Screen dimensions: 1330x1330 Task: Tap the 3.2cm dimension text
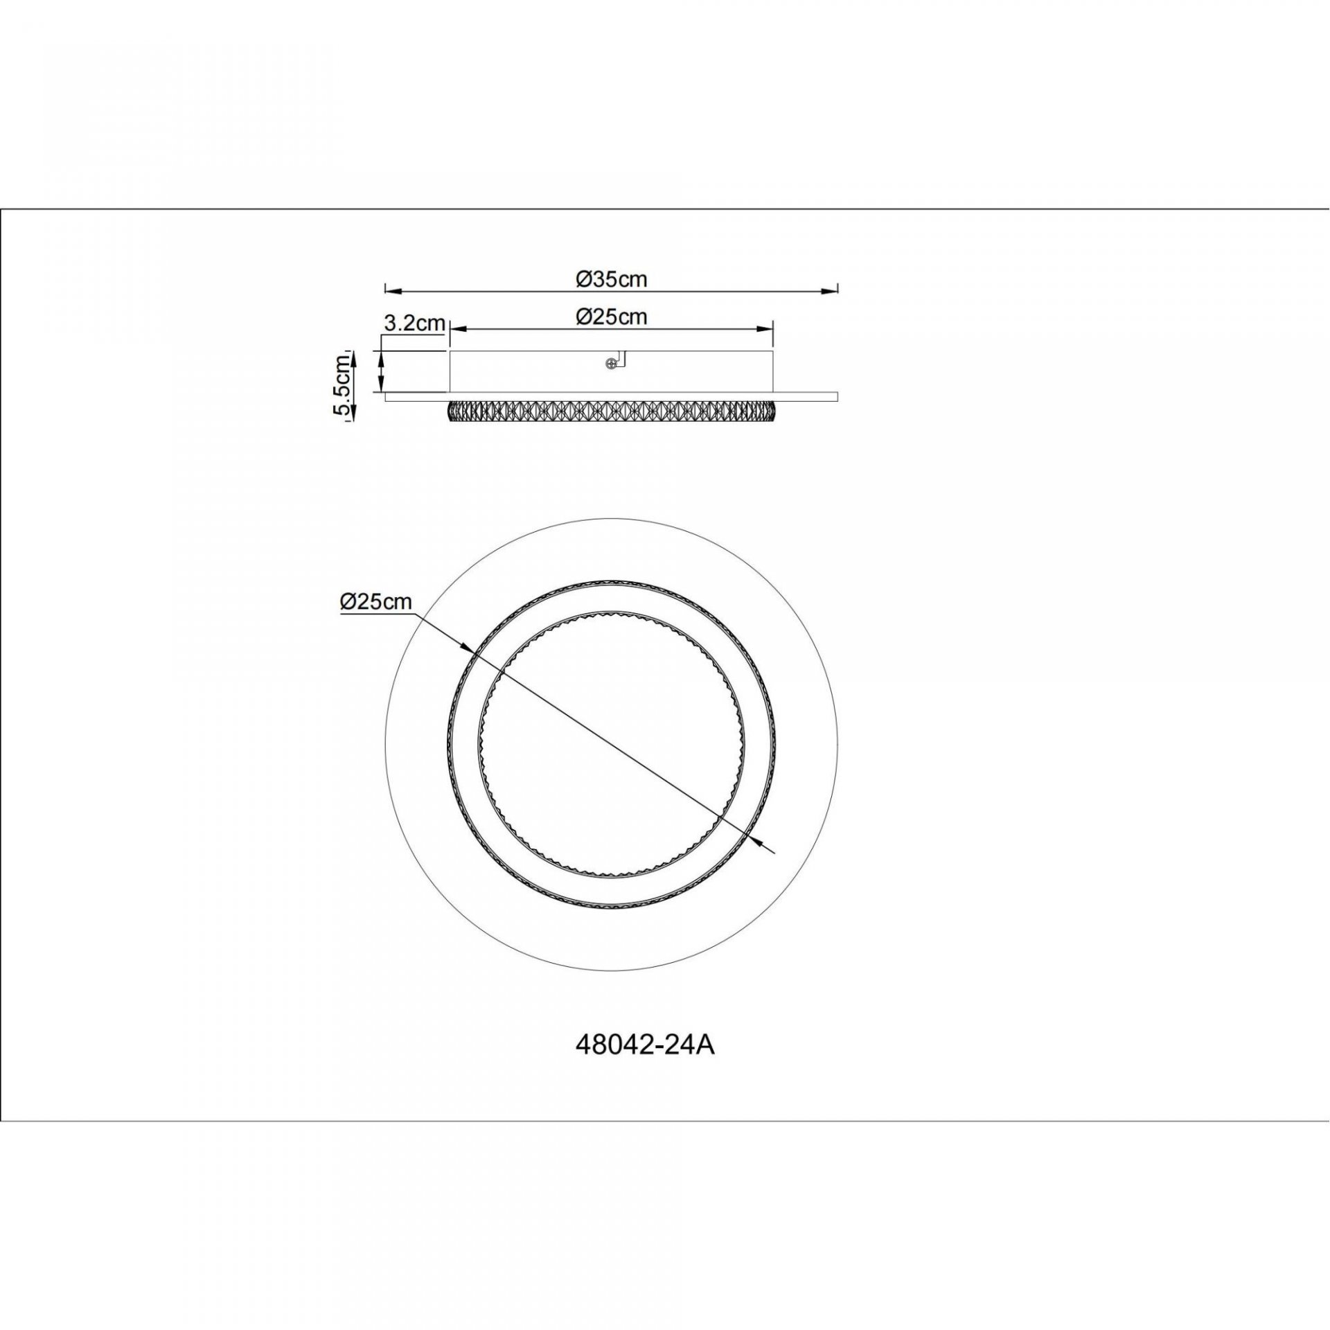pyautogui.click(x=413, y=323)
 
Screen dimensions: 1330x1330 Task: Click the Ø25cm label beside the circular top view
pyautogui.click(x=376, y=601)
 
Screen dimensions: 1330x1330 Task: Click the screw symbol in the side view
pyautogui.click(x=611, y=363)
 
